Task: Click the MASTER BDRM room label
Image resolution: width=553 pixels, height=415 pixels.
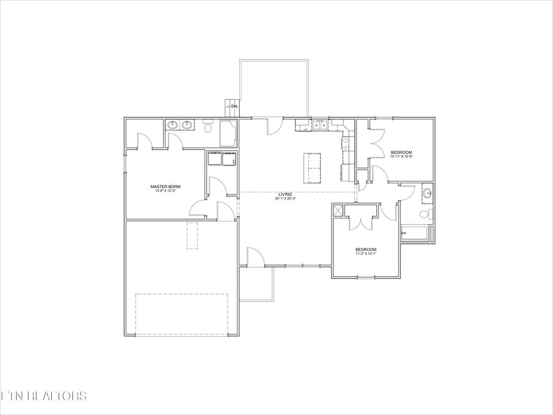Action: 165,186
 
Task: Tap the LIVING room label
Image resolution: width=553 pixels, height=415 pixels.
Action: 285,194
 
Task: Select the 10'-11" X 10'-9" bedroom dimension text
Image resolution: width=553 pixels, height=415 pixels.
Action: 401,157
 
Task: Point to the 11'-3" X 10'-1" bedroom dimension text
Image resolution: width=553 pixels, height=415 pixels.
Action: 366,253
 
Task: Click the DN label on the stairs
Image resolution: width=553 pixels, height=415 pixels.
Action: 234,107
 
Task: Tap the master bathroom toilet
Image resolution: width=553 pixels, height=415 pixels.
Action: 208,128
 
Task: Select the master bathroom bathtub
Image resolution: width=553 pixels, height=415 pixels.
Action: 228,133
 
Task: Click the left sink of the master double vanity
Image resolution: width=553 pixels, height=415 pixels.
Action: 173,126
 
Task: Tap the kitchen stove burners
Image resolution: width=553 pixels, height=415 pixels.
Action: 345,144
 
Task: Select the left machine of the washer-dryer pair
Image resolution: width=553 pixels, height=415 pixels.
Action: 214,159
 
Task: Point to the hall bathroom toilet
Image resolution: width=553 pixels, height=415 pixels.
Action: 426,215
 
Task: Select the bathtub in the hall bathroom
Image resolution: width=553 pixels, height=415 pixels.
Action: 415,234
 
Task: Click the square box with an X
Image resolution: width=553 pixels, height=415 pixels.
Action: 339,210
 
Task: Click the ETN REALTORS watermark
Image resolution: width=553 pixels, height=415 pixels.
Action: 43,396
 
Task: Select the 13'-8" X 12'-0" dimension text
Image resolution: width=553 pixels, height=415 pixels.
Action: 165,191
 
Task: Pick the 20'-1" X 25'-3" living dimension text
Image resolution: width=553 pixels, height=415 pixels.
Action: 285,198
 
